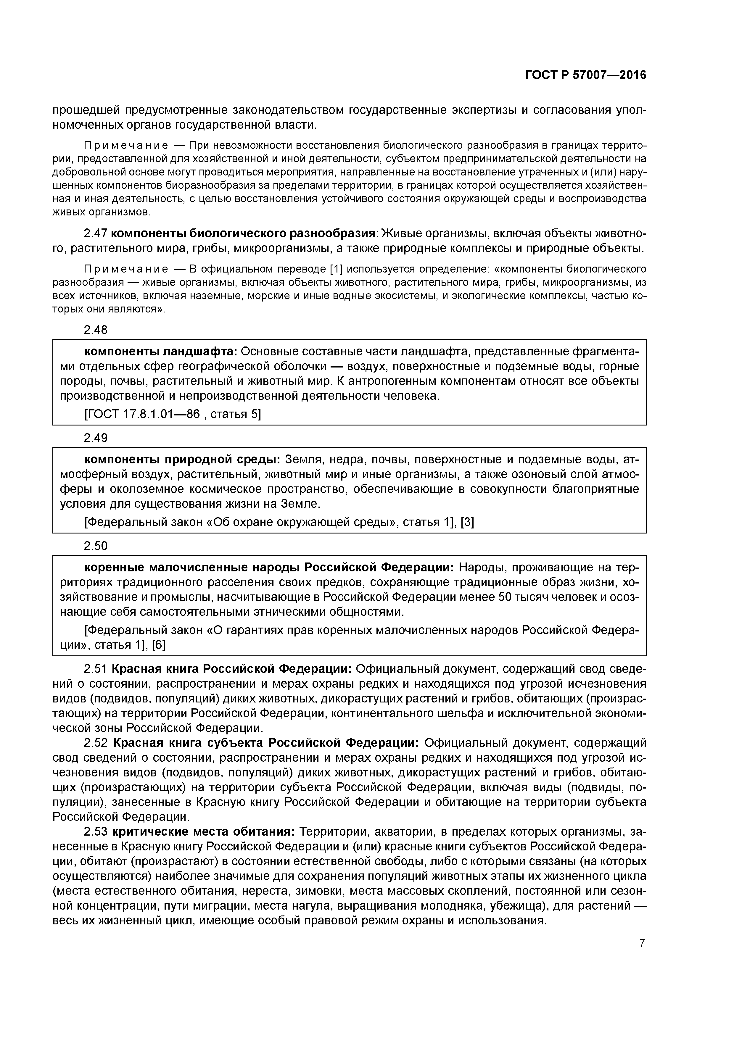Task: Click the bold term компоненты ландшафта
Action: [x=160, y=351]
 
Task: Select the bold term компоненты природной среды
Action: [x=182, y=459]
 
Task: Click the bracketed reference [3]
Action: [x=467, y=522]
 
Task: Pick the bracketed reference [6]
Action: [x=158, y=645]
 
